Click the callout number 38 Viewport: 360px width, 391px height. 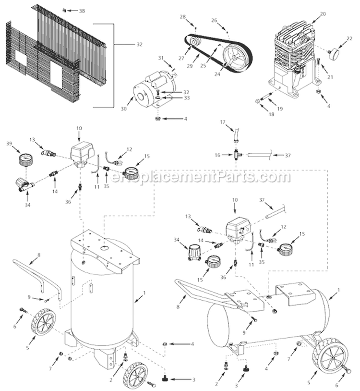(x=82, y=11)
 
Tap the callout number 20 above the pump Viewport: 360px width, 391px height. (x=323, y=14)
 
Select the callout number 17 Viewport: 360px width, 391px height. (x=236, y=123)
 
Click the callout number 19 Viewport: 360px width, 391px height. (x=280, y=109)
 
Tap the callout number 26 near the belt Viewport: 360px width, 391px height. (x=215, y=20)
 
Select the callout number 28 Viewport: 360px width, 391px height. (x=183, y=17)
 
